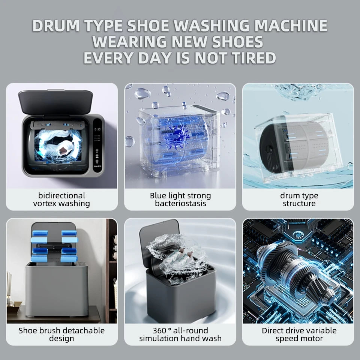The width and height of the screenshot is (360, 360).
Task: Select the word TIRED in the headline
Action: coord(254,58)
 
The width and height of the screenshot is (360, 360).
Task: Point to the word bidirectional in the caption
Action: coord(62,196)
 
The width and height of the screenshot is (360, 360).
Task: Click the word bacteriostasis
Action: coord(180,203)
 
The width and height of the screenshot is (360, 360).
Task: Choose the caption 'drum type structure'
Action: coord(299,199)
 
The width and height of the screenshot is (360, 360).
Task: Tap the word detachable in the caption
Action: coord(85,331)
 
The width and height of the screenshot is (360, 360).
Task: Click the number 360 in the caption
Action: coord(159,331)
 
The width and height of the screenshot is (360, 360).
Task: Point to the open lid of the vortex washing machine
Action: coord(55,102)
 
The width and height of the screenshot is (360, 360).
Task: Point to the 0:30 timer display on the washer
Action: coord(97,129)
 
